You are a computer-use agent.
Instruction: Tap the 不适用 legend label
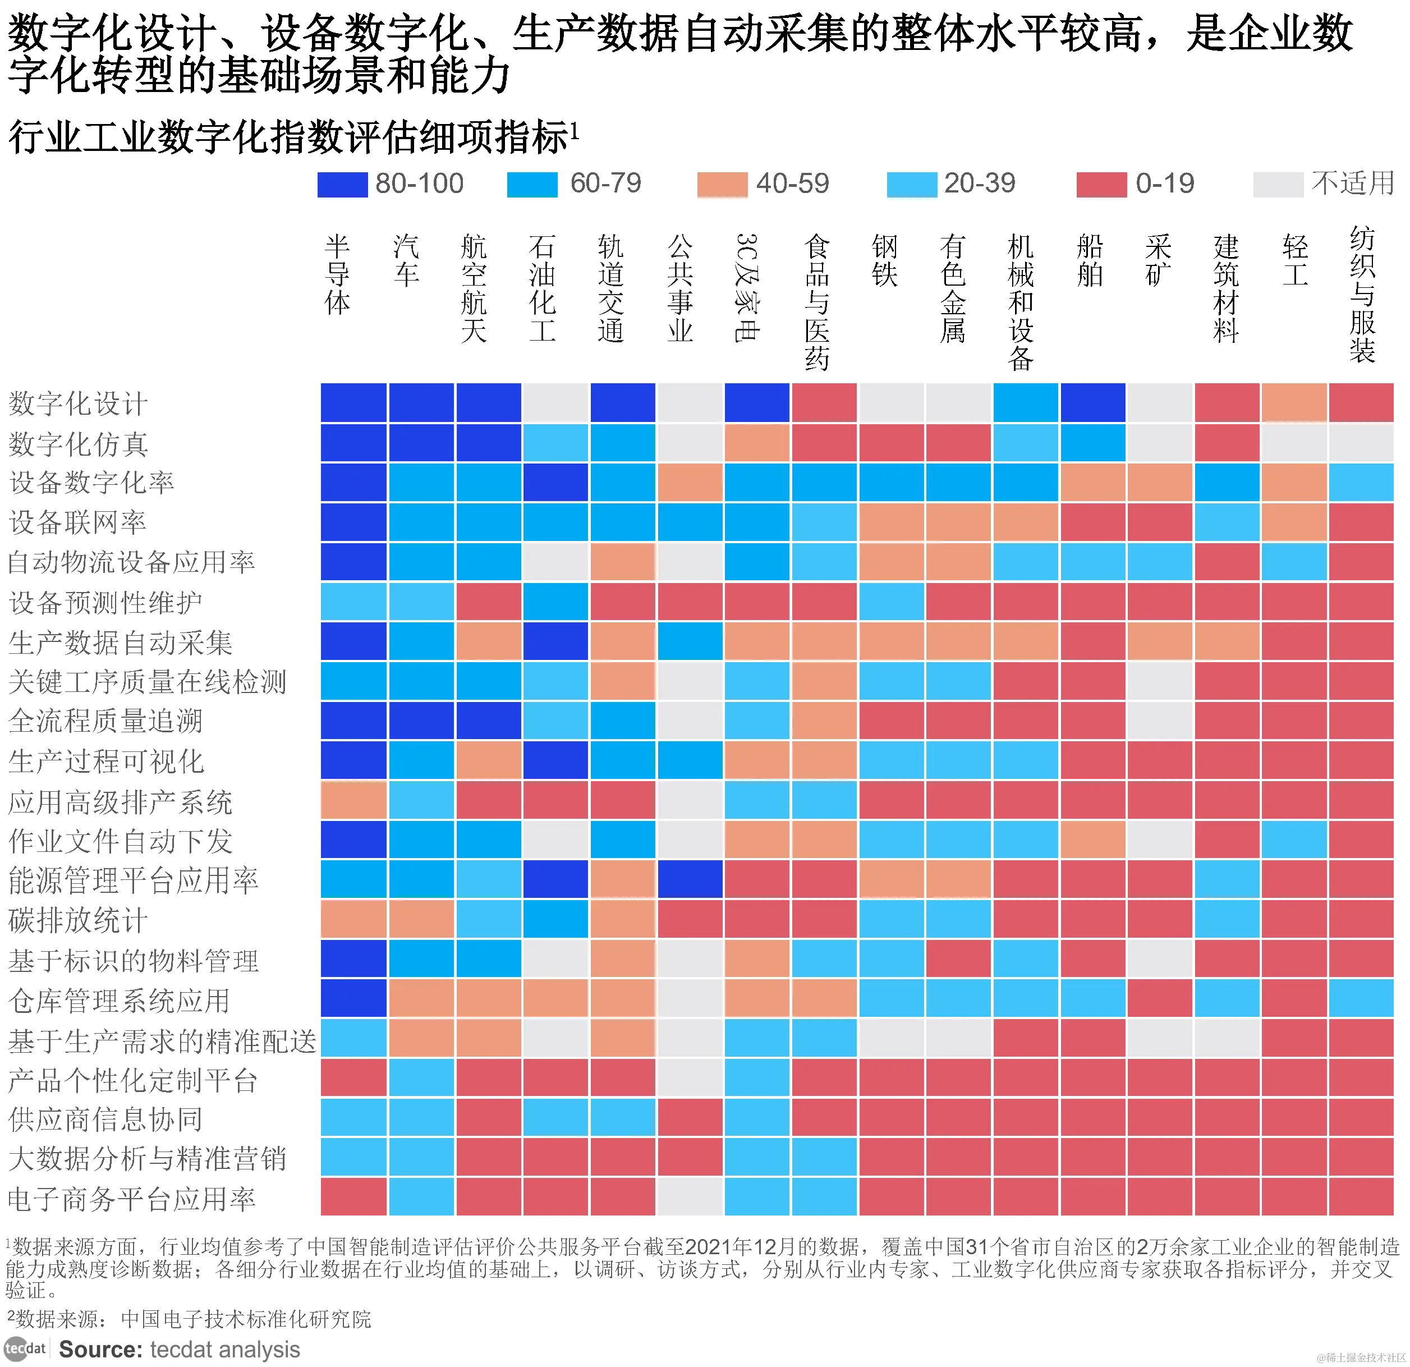point(1352,184)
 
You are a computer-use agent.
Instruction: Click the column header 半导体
point(337,276)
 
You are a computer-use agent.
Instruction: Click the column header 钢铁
point(884,260)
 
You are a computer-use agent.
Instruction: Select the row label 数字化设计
point(77,403)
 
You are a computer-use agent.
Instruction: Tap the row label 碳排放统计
point(77,920)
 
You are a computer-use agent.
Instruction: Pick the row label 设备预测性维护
point(105,602)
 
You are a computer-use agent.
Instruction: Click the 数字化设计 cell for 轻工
point(1293,403)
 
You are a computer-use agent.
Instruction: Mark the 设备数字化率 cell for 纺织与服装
point(1361,482)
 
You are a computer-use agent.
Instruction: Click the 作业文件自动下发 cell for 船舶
point(1092,840)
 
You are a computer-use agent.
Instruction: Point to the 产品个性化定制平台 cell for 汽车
point(421,1078)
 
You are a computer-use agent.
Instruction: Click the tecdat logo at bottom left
point(25,1348)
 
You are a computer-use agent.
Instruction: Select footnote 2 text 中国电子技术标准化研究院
point(245,1319)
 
